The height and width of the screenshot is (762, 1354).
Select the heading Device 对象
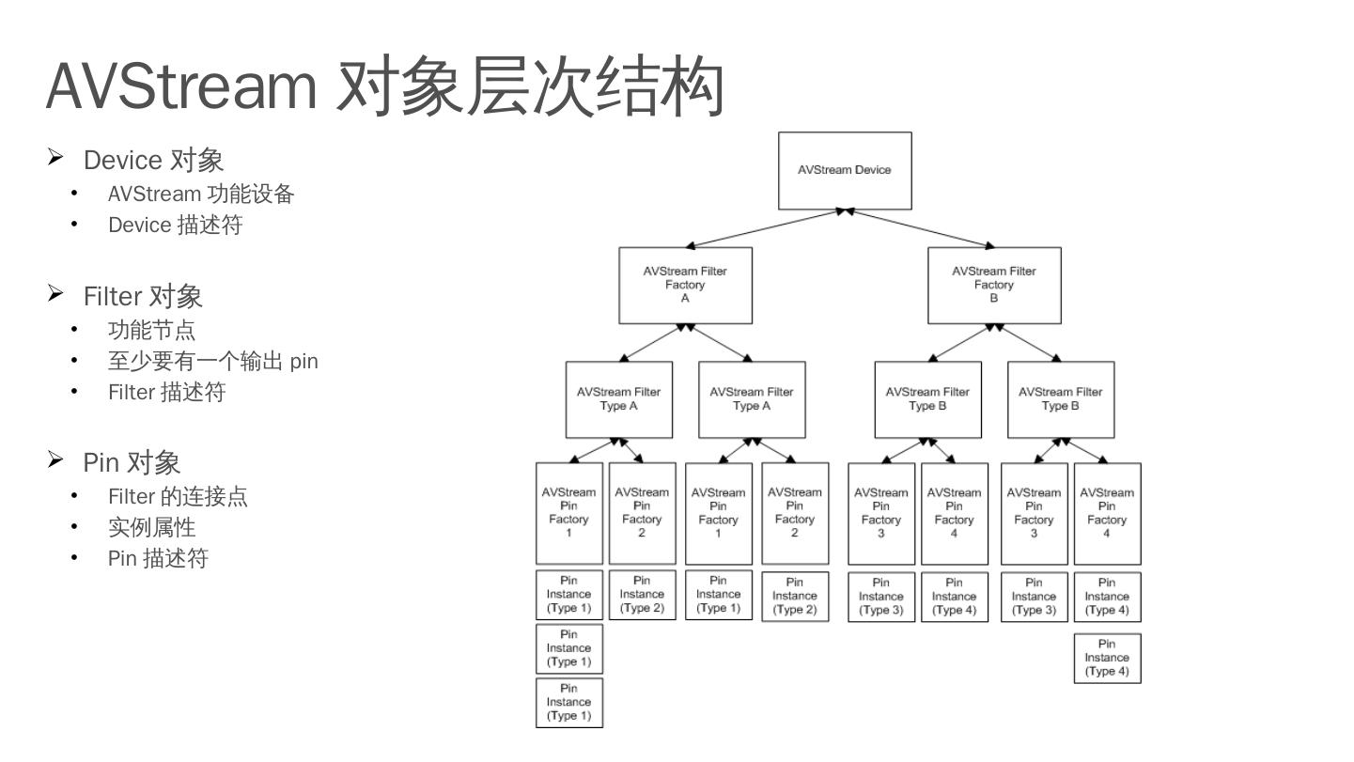153,160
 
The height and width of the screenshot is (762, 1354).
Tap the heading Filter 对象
143,297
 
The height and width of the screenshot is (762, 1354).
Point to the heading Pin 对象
132,462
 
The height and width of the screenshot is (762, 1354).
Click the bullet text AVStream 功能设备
201,194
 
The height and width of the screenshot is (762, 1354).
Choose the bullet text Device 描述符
175,225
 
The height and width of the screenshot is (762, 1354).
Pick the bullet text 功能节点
151,330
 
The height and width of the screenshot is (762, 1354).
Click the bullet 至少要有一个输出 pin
212,361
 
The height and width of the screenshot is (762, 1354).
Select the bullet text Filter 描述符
166,392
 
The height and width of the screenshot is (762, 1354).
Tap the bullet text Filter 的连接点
178,496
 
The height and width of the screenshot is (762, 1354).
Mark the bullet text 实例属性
151,527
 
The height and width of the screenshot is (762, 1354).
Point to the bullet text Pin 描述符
157,558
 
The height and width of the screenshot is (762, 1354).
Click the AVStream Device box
845,170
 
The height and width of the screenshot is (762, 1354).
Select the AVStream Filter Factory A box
685,285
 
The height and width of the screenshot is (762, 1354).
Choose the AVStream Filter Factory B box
994,285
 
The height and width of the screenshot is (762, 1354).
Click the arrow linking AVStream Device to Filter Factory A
765,228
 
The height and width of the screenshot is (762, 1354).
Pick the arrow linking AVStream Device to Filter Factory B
921,228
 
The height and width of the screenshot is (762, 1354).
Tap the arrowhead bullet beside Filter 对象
56,295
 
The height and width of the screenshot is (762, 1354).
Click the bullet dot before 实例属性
75,527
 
